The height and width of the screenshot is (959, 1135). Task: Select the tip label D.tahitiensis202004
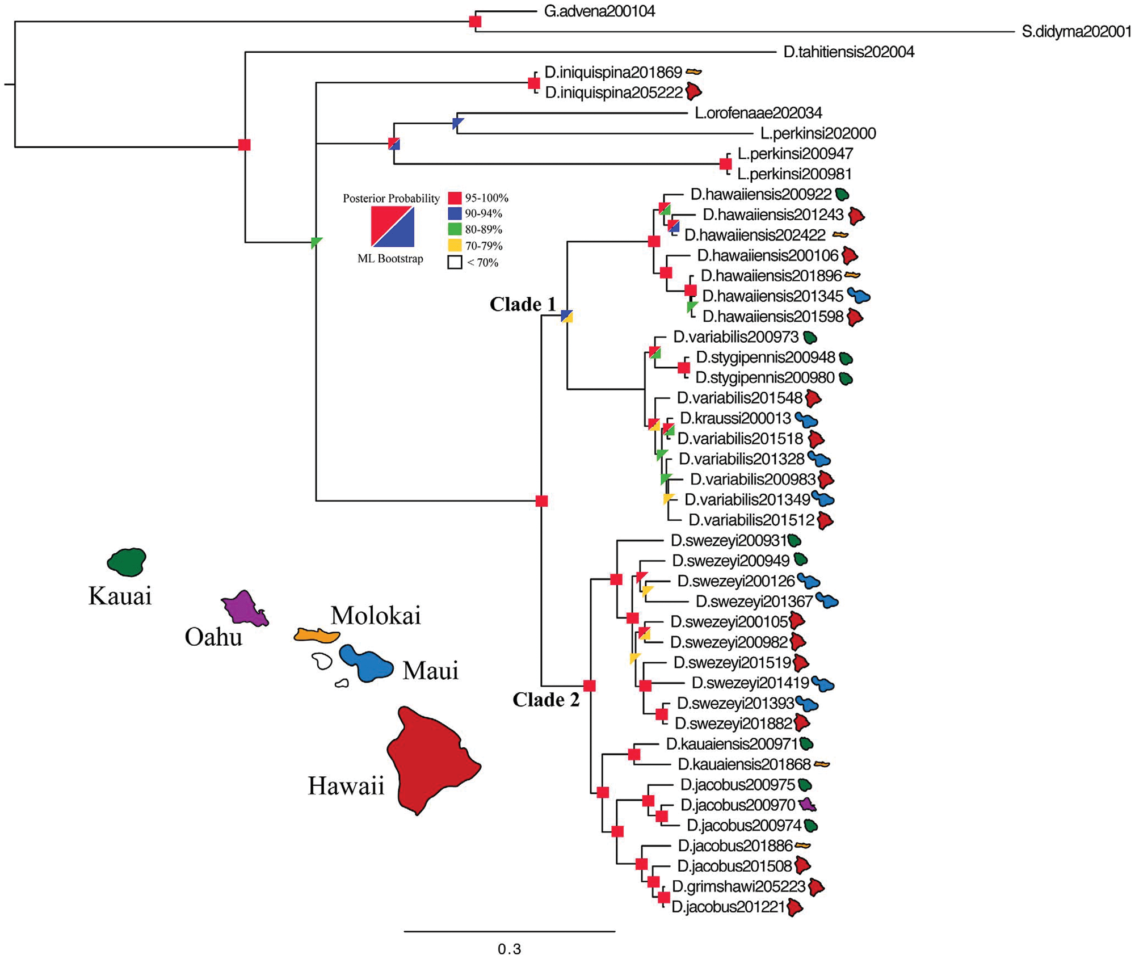pos(848,52)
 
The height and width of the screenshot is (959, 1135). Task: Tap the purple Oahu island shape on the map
pos(244,609)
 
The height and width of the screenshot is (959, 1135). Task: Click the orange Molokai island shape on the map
pos(316,635)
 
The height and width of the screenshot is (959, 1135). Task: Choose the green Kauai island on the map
pos(127,562)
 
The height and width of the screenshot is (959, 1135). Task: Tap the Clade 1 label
pos(523,305)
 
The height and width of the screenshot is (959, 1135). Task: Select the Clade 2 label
pos(545,700)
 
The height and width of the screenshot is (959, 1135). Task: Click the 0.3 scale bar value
pos(509,949)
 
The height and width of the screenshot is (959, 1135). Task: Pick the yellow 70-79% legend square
pos(455,246)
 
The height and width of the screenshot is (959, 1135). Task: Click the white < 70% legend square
pos(455,262)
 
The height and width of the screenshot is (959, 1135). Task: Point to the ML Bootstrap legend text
pos(390,259)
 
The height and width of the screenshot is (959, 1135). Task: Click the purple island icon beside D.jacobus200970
pos(807,805)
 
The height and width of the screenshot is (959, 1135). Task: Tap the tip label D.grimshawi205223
pos(738,886)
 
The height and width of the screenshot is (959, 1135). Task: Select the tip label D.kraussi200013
pos(735,419)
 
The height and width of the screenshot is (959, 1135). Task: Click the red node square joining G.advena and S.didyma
pos(475,22)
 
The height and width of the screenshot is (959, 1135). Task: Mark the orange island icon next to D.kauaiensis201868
pos(822,764)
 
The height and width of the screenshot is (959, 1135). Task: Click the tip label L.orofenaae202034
pos(758,113)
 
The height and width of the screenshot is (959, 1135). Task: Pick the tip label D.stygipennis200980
pos(765,378)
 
